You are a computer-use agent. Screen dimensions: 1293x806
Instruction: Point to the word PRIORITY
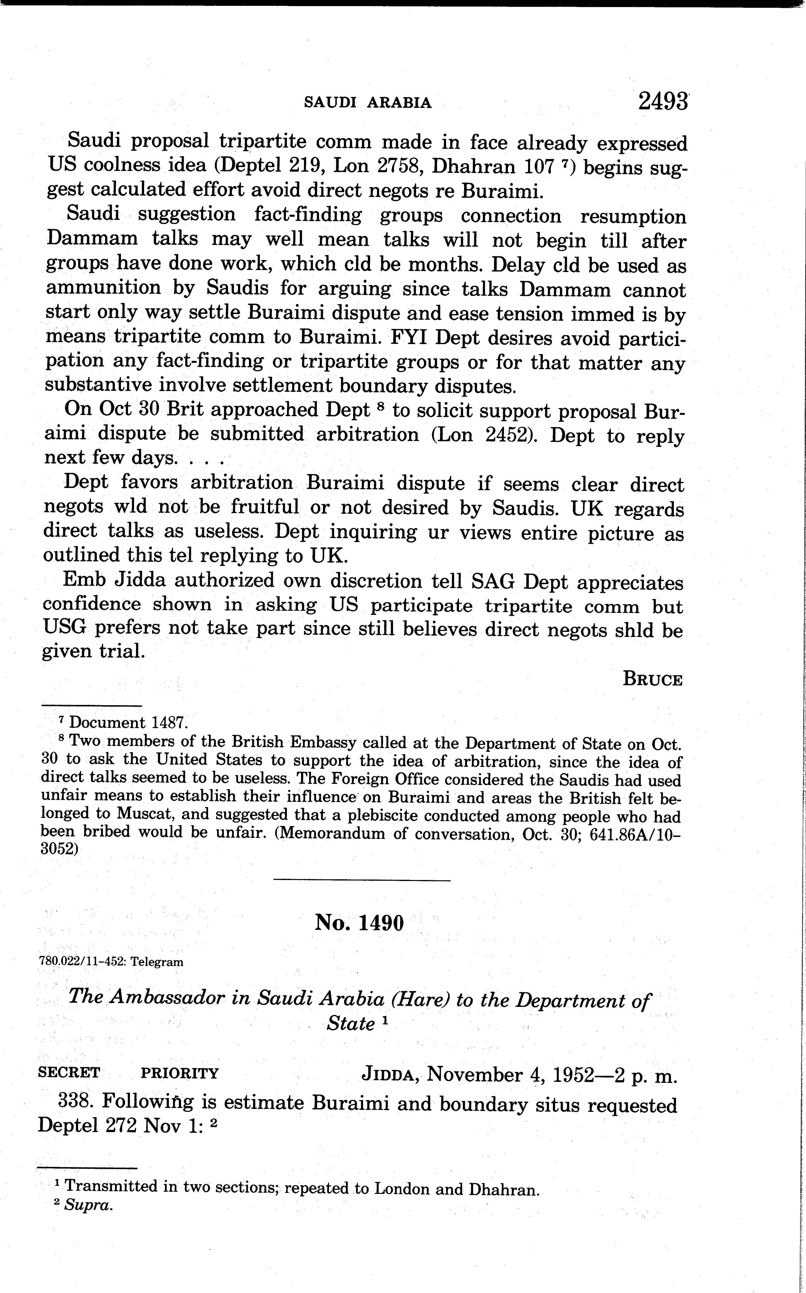coord(180,1073)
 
